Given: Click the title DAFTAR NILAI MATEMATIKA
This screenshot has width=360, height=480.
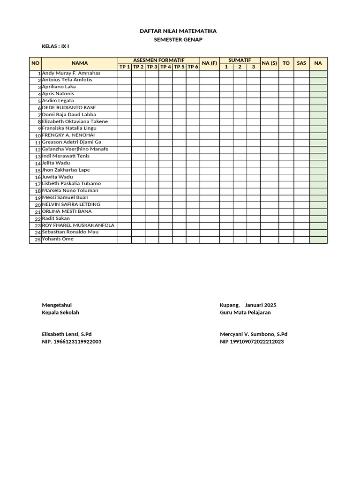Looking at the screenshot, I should coord(178,31).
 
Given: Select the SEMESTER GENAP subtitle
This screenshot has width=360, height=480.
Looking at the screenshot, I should coord(178,40).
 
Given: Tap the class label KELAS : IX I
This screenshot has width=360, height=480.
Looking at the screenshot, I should coord(58,46).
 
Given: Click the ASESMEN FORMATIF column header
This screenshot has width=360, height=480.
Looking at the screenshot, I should coord(159,60).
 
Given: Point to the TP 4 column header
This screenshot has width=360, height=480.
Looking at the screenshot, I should coord(165,67).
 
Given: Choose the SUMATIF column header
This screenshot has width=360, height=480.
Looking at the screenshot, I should coord(240,60).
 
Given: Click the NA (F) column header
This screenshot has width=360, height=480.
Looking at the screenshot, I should coord(210,63).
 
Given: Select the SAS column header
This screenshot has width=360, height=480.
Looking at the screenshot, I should coord(301,63).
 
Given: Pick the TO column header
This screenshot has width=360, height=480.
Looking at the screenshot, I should coord(286,63).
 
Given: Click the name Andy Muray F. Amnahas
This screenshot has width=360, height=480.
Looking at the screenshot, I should coord(71,74).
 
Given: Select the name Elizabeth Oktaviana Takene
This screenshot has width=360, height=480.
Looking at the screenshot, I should coord(75,121).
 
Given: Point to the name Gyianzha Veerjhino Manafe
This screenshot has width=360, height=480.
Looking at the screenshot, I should coord(75,149).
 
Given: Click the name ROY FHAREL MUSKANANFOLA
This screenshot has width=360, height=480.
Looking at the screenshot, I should coord(78,225).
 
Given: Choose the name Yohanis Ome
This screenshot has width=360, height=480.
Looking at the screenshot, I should coord(58,239).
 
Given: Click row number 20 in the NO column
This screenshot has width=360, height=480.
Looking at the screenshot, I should coord(38,205).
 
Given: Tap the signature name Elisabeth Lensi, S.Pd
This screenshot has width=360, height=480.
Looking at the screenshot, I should coord(67,334).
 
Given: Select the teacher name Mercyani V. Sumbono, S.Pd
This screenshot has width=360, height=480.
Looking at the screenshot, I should coord(253,334).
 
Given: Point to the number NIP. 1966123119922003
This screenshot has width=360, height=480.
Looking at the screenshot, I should coord(71,342).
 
